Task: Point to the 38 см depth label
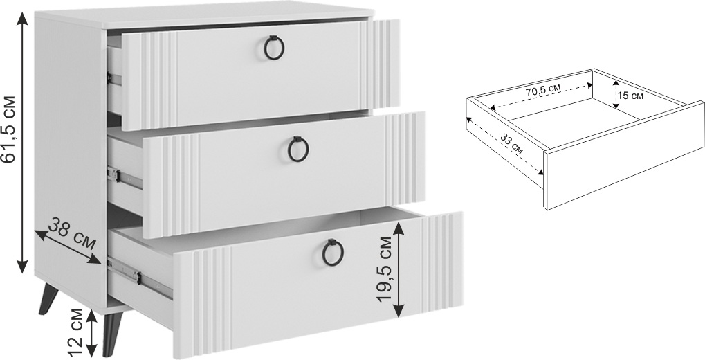point(72,233)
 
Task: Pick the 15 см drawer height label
point(630,96)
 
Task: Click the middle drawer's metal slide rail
point(125,178)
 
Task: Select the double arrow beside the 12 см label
point(92,333)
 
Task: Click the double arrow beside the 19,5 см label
point(399,269)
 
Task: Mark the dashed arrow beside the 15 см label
point(615,94)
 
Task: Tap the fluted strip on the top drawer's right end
point(380,64)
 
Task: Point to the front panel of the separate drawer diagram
point(624,155)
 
